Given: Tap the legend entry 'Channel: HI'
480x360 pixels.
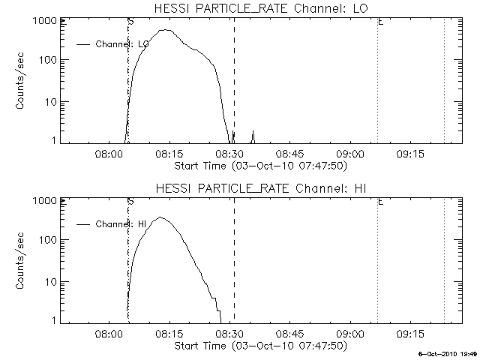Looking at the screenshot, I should (120, 223).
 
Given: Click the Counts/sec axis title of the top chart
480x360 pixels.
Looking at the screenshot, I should (22, 81).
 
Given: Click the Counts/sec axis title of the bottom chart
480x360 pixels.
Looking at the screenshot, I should (22, 260).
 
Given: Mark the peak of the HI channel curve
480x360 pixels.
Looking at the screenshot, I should (160, 217).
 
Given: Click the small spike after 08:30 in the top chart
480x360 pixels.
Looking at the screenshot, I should (253, 133).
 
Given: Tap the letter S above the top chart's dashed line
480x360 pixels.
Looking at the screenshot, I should (131, 22).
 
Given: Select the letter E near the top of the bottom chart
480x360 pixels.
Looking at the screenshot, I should (380, 201).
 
